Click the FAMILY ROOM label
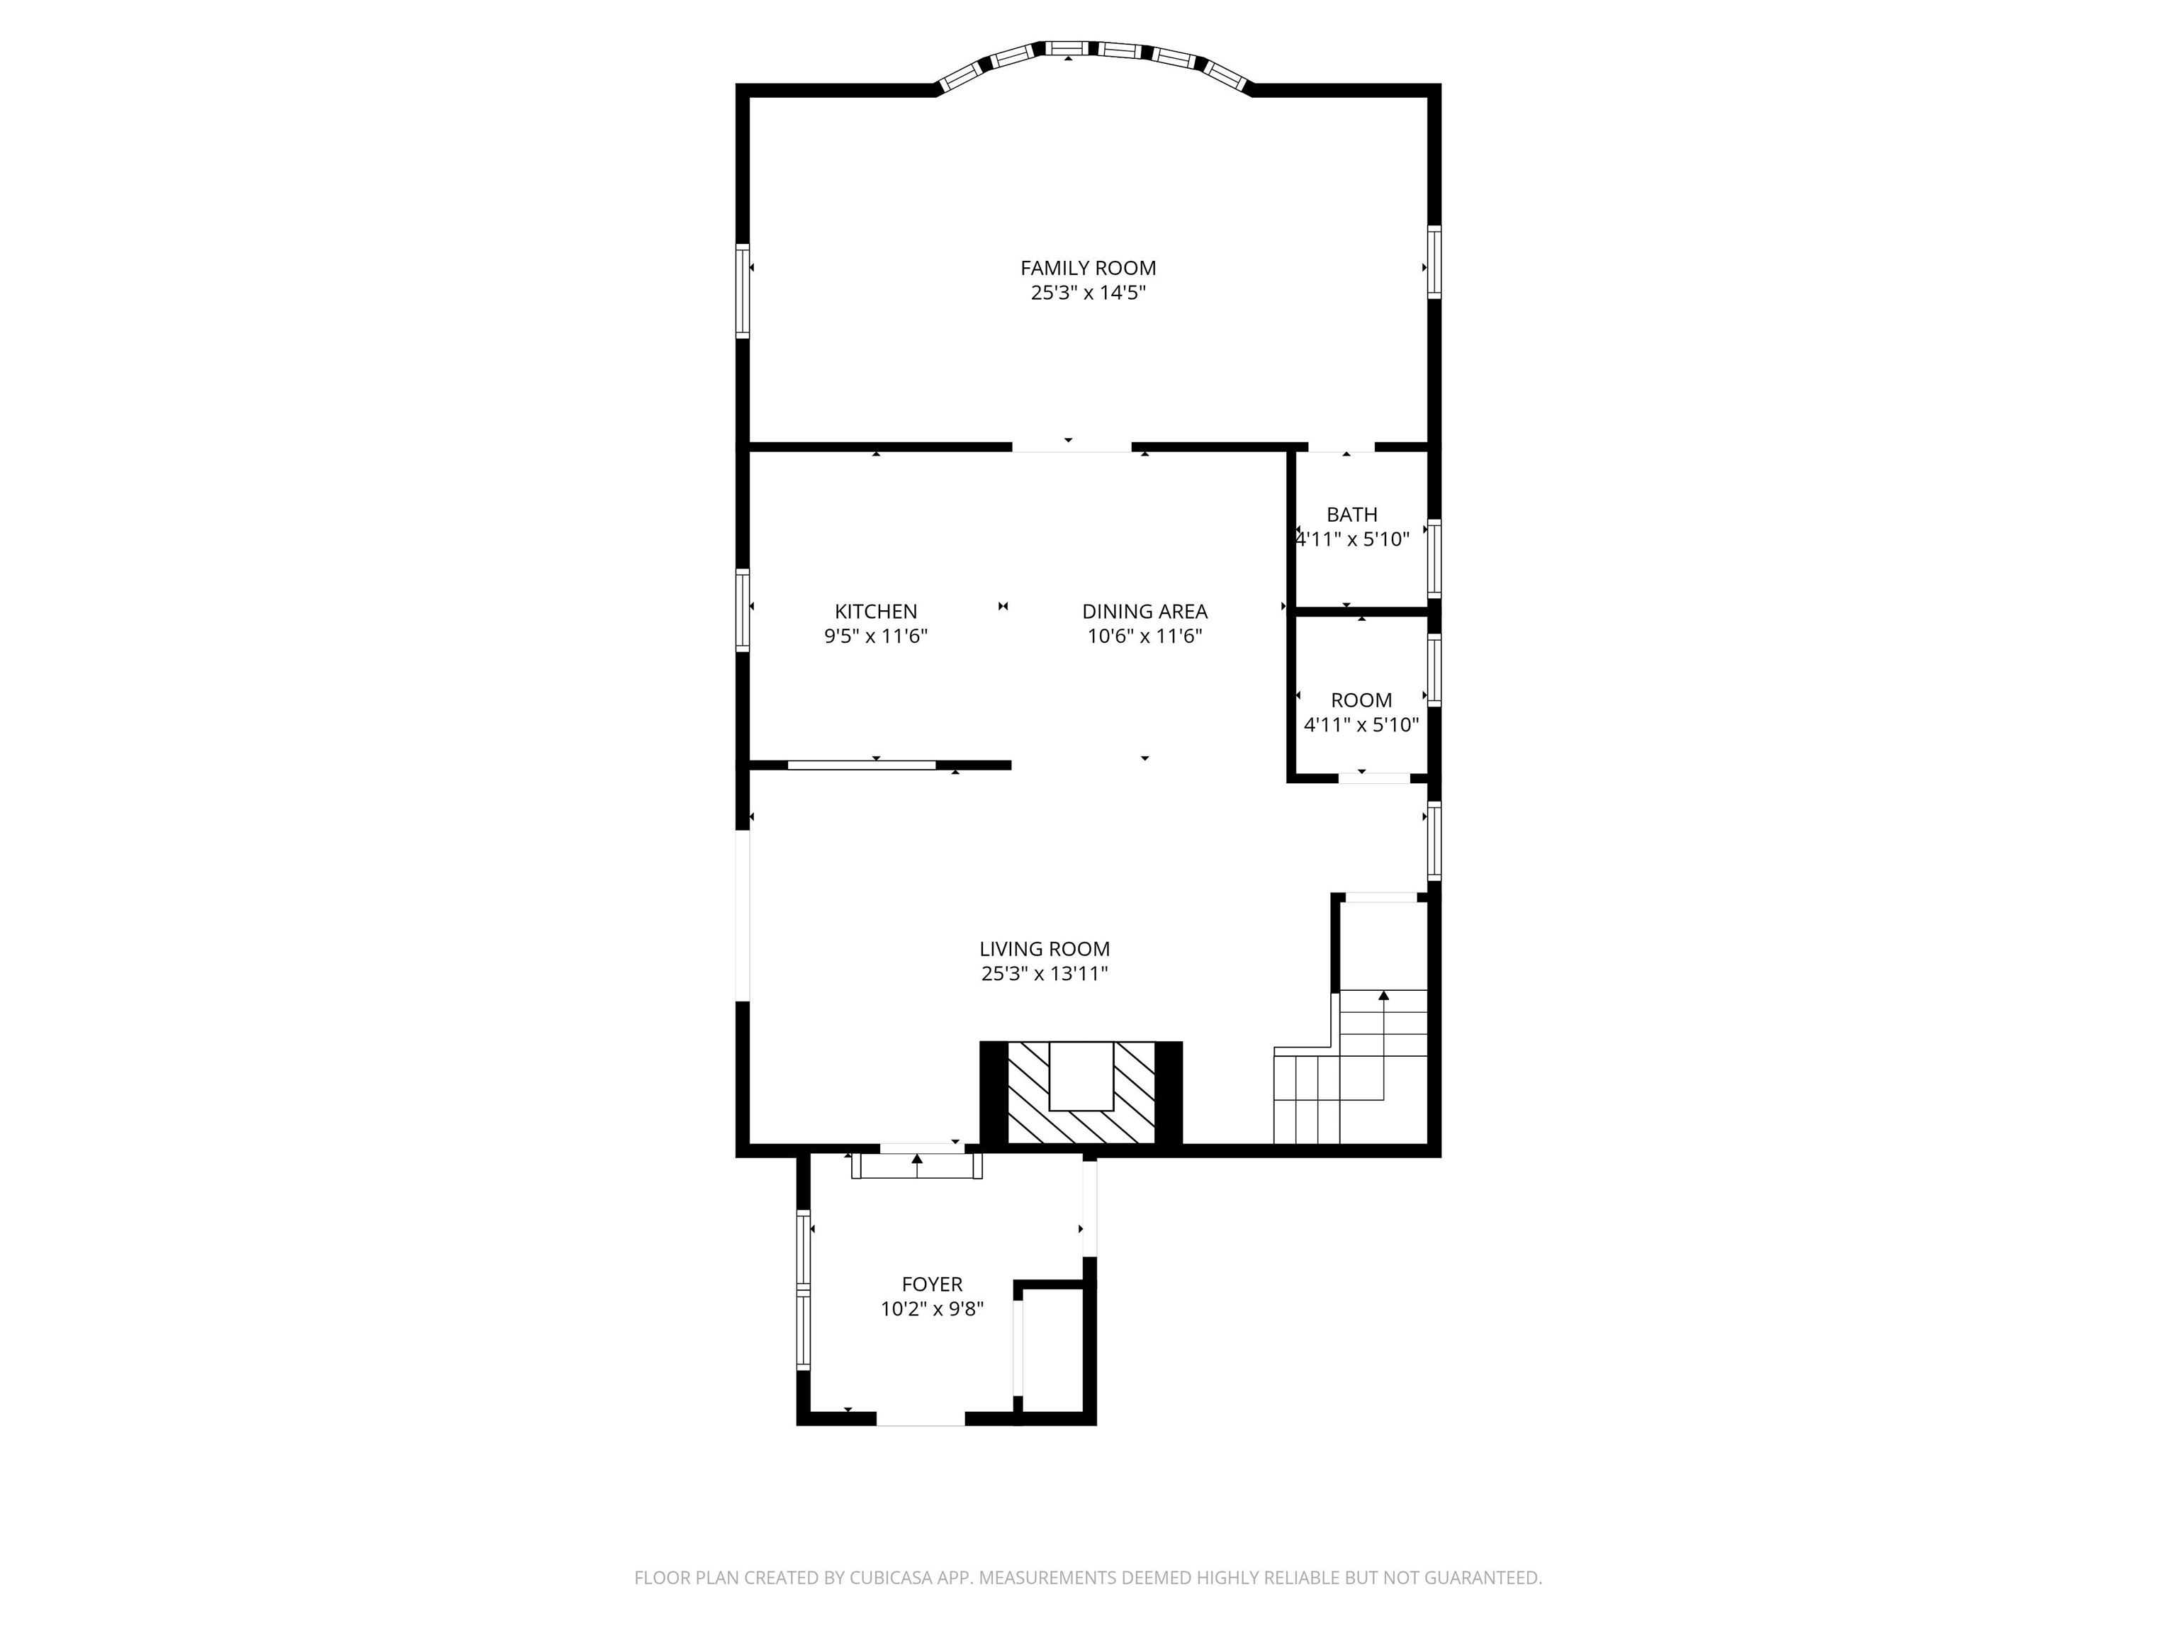click(x=1088, y=268)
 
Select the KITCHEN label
click(x=876, y=611)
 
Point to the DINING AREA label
click(x=1144, y=611)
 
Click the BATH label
click(x=1351, y=514)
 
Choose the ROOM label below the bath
click(x=1361, y=700)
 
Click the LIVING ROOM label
click(x=1045, y=949)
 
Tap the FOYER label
click(x=932, y=1284)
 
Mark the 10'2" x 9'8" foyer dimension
click(x=932, y=1309)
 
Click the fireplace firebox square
click(x=1081, y=1076)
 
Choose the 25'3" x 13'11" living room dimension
click(x=1045, y=975)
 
